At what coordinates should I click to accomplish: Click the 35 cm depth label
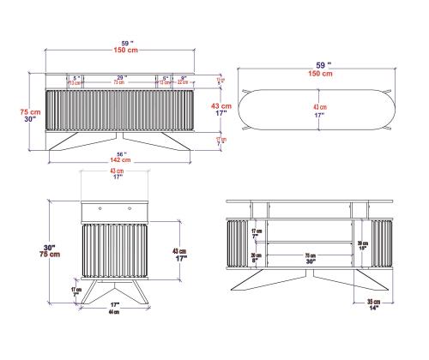[374, 302]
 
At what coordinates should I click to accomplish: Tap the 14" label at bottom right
[374, 309]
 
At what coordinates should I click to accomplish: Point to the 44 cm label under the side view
[112, 312]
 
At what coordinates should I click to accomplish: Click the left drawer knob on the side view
[100, 208]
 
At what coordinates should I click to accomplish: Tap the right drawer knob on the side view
[130, 208]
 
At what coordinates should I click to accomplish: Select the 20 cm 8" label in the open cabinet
[257, 257]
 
